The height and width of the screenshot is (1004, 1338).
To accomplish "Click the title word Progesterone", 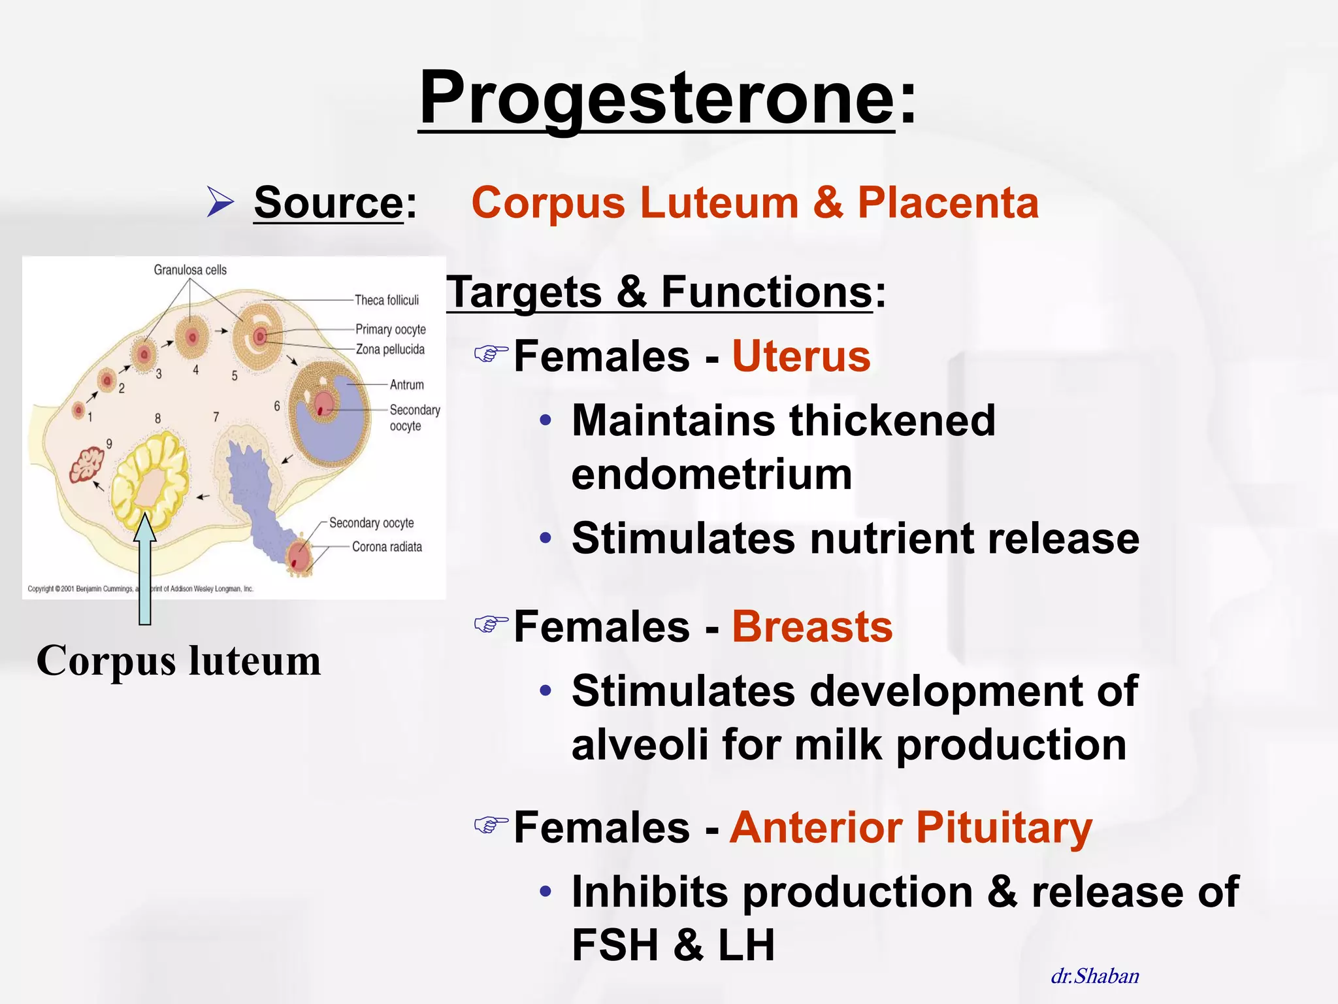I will click(656, 98).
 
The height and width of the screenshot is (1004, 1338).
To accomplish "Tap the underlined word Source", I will click(329, 203).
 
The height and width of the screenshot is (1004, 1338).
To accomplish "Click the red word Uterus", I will click(801, 357).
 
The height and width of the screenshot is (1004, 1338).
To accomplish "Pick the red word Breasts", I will click(812, 627).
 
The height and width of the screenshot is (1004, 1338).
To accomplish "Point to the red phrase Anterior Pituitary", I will click(911, 828).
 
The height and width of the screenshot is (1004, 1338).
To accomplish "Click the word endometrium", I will click(711, 475).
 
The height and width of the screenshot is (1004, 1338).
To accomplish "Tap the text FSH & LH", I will click(673, 945).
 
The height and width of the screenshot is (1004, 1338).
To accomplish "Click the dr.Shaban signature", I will click(1095, 976).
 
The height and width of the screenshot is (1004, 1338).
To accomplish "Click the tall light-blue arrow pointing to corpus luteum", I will click(145, 575).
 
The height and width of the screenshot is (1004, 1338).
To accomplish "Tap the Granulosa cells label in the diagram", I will click(190, 270).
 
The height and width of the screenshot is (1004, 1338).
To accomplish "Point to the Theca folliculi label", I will click(387, 300).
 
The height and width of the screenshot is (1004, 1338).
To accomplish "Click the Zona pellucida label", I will click(390, 350).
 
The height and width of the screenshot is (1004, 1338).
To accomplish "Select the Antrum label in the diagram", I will click(406, 385).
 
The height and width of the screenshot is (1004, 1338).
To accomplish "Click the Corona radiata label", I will click(387, 547).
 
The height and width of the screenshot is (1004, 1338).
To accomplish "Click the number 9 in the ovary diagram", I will click(109, 444).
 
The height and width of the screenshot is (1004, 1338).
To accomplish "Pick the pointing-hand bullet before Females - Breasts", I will click(491, 624).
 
